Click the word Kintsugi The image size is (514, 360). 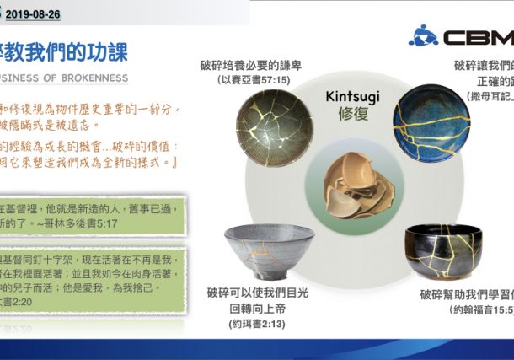point(352,96)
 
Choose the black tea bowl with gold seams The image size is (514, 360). point(443,252)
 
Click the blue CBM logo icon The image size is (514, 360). point(423,35)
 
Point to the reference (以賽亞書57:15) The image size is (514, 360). point(254,80)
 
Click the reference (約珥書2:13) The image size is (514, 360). point(256,324)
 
